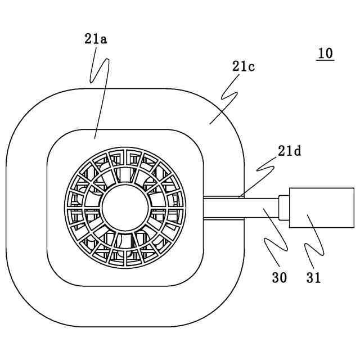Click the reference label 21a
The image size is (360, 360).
[96, 39]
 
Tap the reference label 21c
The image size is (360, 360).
[244, 66]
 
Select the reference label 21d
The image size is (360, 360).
[290, 151]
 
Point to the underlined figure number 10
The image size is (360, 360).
[325, 53]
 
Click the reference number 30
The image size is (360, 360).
[279, 277]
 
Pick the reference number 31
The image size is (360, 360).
[313, 277]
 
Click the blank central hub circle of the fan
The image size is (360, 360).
[126, 206]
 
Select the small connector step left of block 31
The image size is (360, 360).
[284, 208]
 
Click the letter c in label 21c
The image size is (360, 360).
[251, 66]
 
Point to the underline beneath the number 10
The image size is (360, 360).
[325, 60]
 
